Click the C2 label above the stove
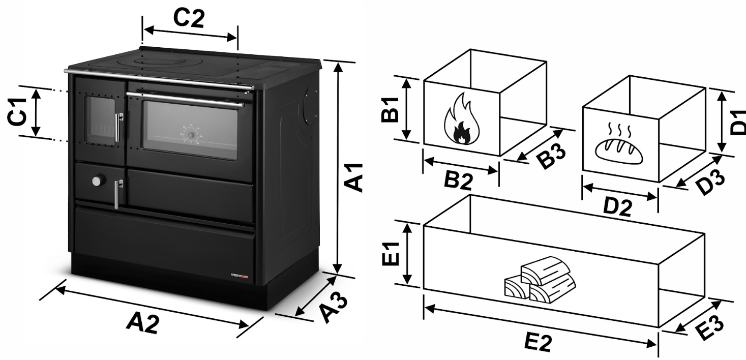click(x=189, y=18)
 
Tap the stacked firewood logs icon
click(x=540, y=280)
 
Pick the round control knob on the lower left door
click(x=98, y=181)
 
